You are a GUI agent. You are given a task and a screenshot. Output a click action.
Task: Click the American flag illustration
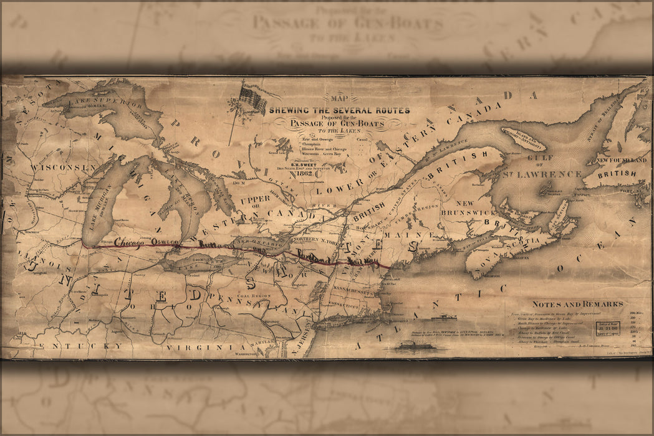click(252, 98)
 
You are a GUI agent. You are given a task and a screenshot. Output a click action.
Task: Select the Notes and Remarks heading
click(577, 304)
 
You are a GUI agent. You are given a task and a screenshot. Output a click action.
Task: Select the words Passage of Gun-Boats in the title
click(339, 123)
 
